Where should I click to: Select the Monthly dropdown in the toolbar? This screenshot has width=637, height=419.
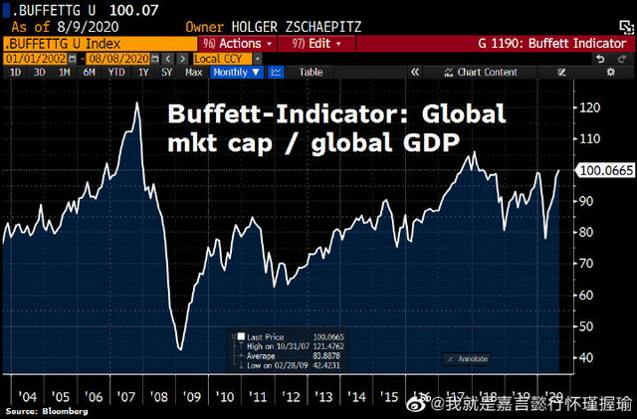point(235,73)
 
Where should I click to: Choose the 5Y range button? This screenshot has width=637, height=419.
point(167,73)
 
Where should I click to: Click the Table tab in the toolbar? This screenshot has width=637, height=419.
point(312,73)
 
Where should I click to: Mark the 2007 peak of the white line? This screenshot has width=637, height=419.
point(136,103)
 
